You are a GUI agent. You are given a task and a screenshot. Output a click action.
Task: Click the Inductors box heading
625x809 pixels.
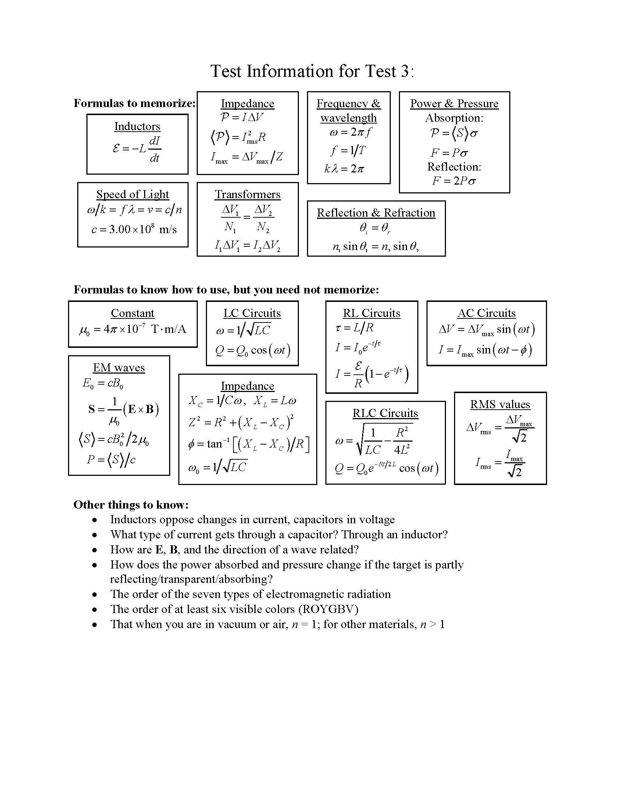(x=137, y=126)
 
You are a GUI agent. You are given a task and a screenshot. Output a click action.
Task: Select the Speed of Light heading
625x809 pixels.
(x=133, y=195)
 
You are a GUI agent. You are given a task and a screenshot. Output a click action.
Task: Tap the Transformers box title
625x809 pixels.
(x=247, y=195)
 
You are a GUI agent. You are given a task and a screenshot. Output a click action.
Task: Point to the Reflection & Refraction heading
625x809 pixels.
(x=376, y=213)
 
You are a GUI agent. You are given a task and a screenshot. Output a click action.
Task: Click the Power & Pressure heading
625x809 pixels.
(x=454, y=104)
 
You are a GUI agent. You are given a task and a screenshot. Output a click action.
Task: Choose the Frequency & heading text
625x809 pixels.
(x=348, y=104)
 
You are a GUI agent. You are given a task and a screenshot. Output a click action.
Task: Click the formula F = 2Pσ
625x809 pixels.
(x=454, y=181)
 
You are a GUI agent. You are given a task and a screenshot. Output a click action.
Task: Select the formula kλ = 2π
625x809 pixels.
(x=344, y=169)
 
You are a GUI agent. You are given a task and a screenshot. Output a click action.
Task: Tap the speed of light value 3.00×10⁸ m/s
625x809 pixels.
(x=134, y=229)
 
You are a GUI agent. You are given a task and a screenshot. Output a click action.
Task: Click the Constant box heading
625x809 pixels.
(x=133, y=313)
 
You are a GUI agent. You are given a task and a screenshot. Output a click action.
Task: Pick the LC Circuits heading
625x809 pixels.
(x=252, y=313)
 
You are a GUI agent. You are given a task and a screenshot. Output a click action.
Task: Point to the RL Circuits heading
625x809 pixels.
(x=371, y=313)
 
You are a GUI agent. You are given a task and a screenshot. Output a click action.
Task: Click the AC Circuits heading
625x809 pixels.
(x=486, y=313)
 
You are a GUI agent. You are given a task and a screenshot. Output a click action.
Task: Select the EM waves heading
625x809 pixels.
(x=119, y=368)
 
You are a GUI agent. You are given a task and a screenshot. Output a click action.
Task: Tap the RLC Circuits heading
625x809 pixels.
(x=385, y=413)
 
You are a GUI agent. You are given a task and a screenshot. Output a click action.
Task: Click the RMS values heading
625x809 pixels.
(x=500, y=404)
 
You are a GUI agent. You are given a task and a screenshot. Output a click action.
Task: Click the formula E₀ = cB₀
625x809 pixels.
(x=103, y=384)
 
